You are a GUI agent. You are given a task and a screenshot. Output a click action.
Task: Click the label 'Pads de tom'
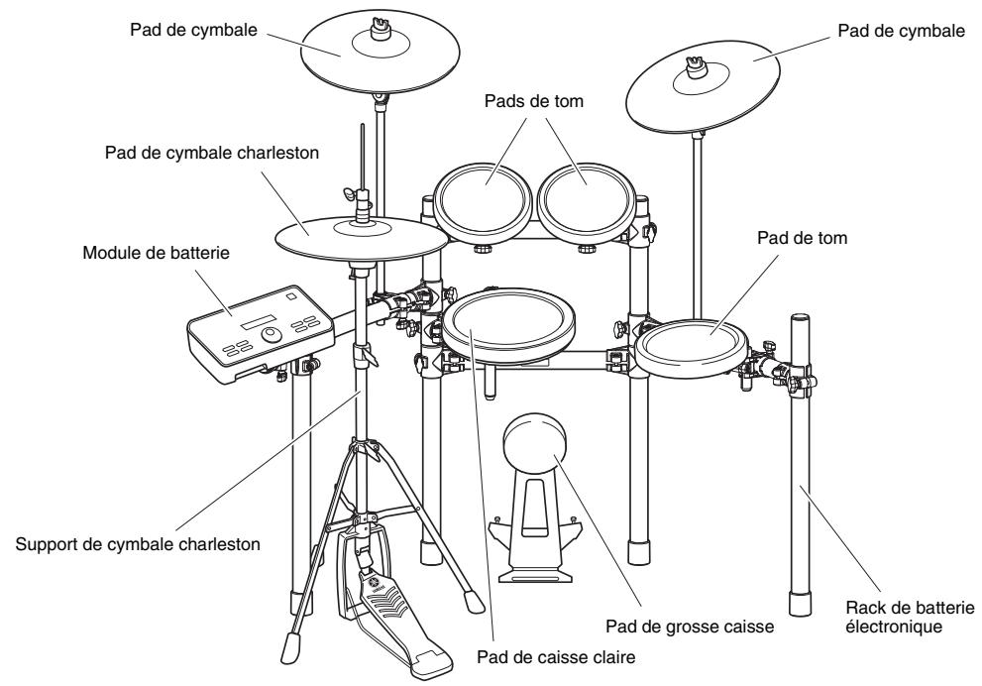click(x=533, y=101)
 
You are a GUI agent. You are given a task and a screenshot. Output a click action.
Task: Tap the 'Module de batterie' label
click(x=156, y=253)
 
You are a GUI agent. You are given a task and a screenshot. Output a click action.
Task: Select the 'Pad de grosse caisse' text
click(x=690, y=627)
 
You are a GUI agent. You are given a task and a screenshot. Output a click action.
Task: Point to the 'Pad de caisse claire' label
click(x=556, y=657)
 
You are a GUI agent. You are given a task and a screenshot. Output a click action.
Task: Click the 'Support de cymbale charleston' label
click(x=138, y=544)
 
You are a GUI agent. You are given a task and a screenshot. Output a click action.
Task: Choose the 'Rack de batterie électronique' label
click(x=910, y=617)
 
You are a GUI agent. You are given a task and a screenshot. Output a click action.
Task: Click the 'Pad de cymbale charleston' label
click(x=212, y=153)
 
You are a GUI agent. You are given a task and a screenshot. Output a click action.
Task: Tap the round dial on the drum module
click(x=272, y=334)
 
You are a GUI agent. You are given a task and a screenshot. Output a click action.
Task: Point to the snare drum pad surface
click(x=508, y=322)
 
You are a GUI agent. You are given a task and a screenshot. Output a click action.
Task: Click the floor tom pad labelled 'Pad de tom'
click(x=692, y=346)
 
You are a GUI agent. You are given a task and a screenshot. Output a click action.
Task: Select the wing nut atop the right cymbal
click(x=696, y=65)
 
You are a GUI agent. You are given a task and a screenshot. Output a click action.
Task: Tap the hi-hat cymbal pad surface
click(x=362, y=239)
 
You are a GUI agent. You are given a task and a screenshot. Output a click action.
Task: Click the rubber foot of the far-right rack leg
click(x=799, y=604)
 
